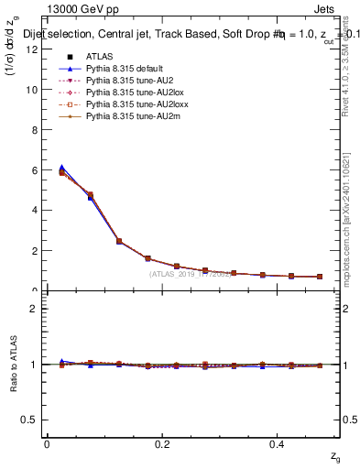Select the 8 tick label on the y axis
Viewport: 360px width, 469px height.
pyautogui.click(x=34, y=130)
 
